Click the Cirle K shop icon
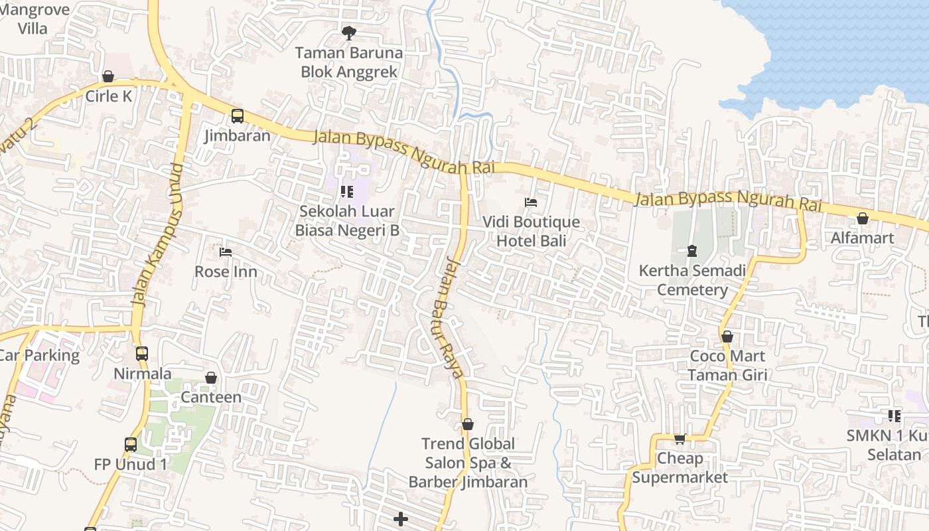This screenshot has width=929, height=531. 108,77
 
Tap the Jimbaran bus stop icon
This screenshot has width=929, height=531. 238,116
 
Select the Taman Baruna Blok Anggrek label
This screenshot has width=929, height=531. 349,62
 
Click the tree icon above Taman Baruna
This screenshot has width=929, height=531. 349,33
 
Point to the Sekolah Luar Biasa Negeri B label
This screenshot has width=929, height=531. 347,221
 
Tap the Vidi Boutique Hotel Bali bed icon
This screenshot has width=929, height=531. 530,202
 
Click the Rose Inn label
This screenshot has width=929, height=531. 226,272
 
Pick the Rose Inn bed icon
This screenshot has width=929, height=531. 226,252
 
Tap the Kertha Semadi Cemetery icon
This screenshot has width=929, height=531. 692,251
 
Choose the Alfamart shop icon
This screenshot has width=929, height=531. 862,218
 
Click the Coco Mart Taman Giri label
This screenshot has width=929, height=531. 727,366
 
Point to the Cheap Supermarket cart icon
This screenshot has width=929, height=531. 679,439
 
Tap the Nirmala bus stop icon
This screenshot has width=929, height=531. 142,354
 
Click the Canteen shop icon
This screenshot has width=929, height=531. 211,378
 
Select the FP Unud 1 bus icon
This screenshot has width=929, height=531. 131,445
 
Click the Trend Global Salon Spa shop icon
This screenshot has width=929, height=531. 468,424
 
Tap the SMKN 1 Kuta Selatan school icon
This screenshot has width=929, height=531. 894,416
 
